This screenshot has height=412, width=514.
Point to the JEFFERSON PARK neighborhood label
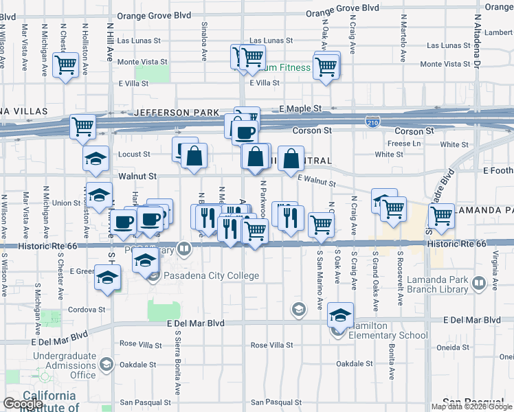177,113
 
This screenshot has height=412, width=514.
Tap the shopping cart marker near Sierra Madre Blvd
441,215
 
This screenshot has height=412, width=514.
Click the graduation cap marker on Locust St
96,159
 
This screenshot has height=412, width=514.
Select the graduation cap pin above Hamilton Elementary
339,315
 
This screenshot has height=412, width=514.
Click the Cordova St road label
86,309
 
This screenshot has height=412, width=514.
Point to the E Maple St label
300,108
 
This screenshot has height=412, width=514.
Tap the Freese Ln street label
404,144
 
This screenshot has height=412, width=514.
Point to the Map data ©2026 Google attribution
471,407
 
